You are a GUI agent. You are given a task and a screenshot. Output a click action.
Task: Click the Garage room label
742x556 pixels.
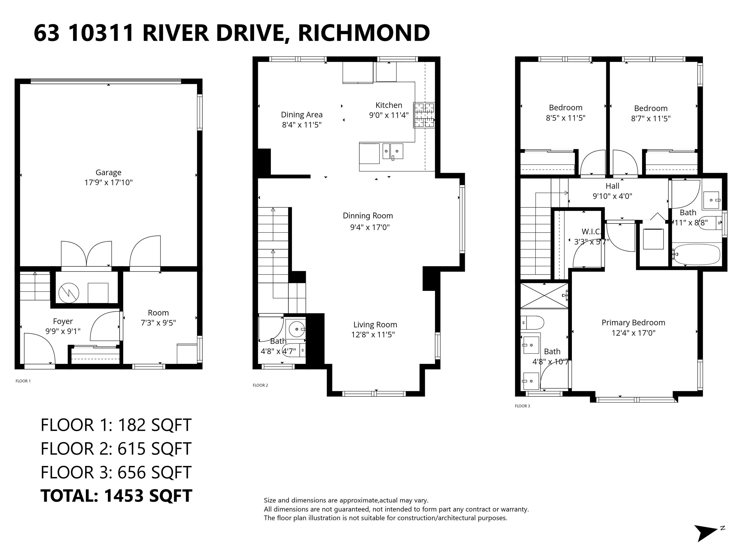(108, 172)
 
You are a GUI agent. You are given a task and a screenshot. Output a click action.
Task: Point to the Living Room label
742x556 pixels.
(375, 324)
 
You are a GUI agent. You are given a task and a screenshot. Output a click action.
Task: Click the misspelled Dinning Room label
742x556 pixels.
(368, 216)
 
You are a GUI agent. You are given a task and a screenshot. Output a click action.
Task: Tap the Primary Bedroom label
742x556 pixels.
(633, 322)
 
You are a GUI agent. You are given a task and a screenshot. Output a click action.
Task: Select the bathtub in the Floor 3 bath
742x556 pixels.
(697, 255)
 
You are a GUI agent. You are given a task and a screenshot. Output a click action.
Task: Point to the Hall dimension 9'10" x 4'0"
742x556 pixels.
(612, 196)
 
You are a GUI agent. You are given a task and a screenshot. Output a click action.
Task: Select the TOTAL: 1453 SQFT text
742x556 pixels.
(116, 496)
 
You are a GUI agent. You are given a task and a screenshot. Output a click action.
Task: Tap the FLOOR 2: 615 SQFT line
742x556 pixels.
(116, 448)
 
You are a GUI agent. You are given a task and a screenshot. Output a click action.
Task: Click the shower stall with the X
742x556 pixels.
(544, 296)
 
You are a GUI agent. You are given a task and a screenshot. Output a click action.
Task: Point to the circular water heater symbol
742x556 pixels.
(69, 293)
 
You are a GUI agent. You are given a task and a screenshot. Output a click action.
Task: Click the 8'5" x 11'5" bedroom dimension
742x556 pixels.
(565, 118)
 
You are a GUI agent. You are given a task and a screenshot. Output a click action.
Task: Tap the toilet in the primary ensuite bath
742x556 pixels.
(533, 323)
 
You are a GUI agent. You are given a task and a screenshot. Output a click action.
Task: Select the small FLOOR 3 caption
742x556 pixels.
(522, 406)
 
